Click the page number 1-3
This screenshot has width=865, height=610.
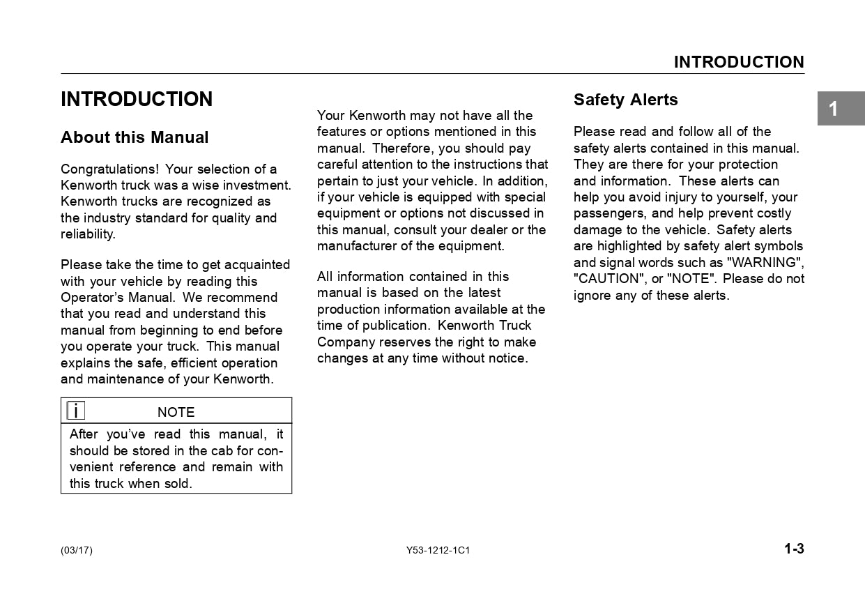[x=794, y=549]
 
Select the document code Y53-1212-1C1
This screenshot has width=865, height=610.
[x=438, y=551]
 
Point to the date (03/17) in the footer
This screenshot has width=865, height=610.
[x=77, y=551]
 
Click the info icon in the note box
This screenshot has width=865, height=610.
[x=75, y=411]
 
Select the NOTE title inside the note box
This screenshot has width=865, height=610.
[x=176, y=412]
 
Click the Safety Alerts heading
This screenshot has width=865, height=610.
[x=625, y=100]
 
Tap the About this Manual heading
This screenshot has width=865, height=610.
[x=135, y=137]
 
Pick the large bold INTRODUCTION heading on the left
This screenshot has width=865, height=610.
[x=137, y=99]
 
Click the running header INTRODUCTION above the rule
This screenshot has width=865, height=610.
[x=738, y=62]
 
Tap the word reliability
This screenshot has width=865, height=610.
[x=87, y=234]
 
